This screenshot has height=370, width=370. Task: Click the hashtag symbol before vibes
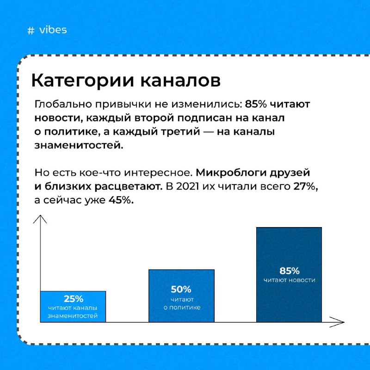point(31,31)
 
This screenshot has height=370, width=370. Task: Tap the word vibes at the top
point(53,30)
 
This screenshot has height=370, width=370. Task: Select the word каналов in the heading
point(180,80)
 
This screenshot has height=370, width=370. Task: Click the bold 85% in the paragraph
point(256,104)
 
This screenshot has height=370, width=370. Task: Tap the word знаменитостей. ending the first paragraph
point(79,145)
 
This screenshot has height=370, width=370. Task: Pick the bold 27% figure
point(306,187)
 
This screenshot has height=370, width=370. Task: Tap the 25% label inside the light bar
point(74,299)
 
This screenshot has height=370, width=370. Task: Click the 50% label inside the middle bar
point(181,290)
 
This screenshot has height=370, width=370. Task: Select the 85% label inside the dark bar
point(290,271)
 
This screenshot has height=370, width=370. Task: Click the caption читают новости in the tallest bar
point(290,280)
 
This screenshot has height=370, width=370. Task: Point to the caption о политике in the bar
point(182,308)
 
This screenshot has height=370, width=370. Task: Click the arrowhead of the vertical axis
point(40,216)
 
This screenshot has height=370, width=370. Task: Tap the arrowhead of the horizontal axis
point(343,322)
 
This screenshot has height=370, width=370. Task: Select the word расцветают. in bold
point(129,187)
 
